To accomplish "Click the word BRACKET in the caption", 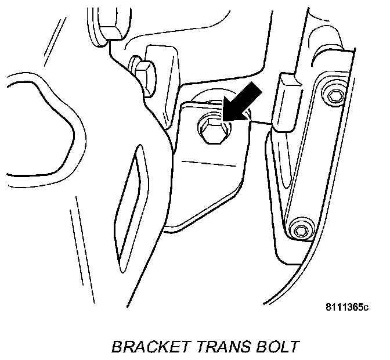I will (148, 347).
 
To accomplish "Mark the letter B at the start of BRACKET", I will (115, 347).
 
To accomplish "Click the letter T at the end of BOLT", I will (295, 347).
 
